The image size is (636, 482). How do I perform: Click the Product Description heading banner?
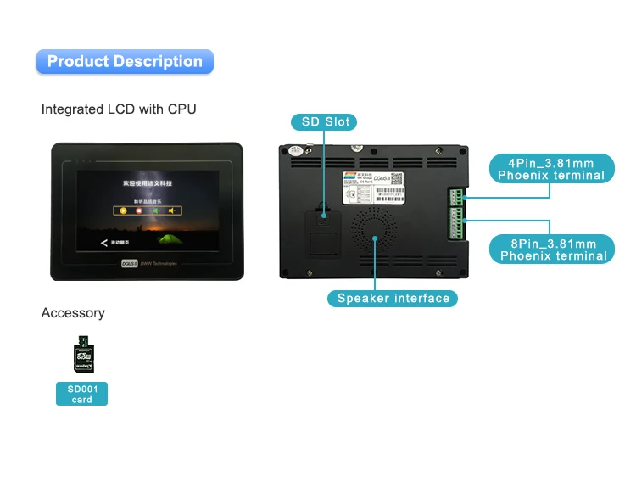(125, 61)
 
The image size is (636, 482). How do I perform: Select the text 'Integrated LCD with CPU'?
(119, 109)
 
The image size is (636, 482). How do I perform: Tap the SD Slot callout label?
(325, 122)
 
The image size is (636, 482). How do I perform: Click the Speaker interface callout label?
(393, 298)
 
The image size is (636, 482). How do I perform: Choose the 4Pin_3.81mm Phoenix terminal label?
(550, 168)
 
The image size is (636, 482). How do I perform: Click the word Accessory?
(73, 313)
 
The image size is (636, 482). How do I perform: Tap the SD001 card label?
(81, 394)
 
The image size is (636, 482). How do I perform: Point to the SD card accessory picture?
(82, 355)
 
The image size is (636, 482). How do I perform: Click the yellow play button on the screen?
(123, 209)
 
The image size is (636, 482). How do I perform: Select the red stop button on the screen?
(139, 209)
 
